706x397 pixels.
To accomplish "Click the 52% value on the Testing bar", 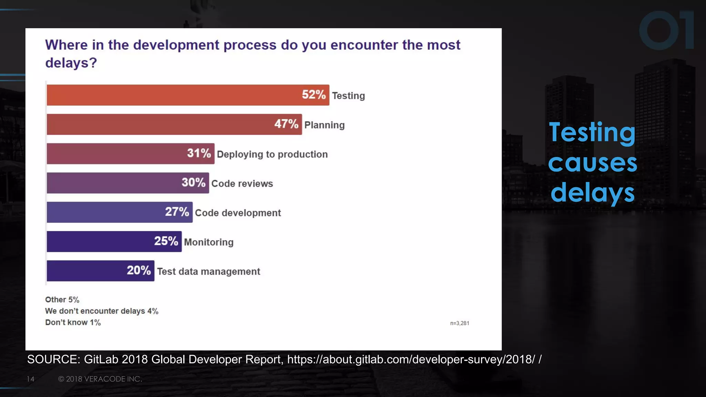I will (313, 95).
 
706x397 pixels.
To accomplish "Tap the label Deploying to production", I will (272, 154).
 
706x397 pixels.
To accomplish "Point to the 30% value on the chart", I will (193, 183).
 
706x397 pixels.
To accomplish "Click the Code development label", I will (238, 213).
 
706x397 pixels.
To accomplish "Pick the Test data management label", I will (209, 272).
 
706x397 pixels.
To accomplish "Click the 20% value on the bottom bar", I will (139, 271).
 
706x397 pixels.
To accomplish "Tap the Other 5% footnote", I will (62, 300).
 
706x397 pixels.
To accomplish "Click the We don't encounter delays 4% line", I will (102, 311).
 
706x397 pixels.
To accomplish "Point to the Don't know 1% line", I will (73, 323).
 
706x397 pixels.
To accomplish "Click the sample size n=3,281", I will (460, 323).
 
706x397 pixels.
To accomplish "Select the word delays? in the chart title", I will (71, 63).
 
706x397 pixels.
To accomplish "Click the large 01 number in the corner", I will (666, 30).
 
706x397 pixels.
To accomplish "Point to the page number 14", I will (30, 379).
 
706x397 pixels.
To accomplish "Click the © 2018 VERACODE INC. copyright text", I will (100, 379).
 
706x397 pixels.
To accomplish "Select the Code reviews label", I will (242, 184).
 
